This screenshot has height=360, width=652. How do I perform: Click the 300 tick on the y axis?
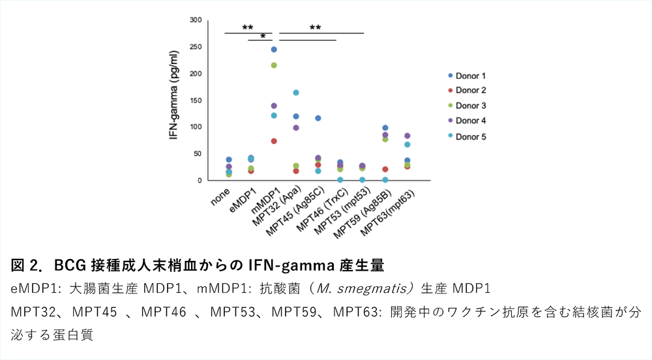196,20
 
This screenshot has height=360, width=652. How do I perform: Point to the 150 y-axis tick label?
196,100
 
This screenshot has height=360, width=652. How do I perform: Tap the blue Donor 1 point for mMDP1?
274,50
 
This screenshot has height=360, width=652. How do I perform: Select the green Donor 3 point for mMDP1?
274,65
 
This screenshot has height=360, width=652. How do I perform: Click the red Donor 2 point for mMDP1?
274,141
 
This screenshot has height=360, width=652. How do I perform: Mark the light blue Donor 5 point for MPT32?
296,93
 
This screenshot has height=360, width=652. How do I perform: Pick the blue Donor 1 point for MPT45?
318,118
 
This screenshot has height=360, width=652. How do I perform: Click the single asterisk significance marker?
262,37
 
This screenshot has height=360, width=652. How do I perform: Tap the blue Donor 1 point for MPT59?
385,128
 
